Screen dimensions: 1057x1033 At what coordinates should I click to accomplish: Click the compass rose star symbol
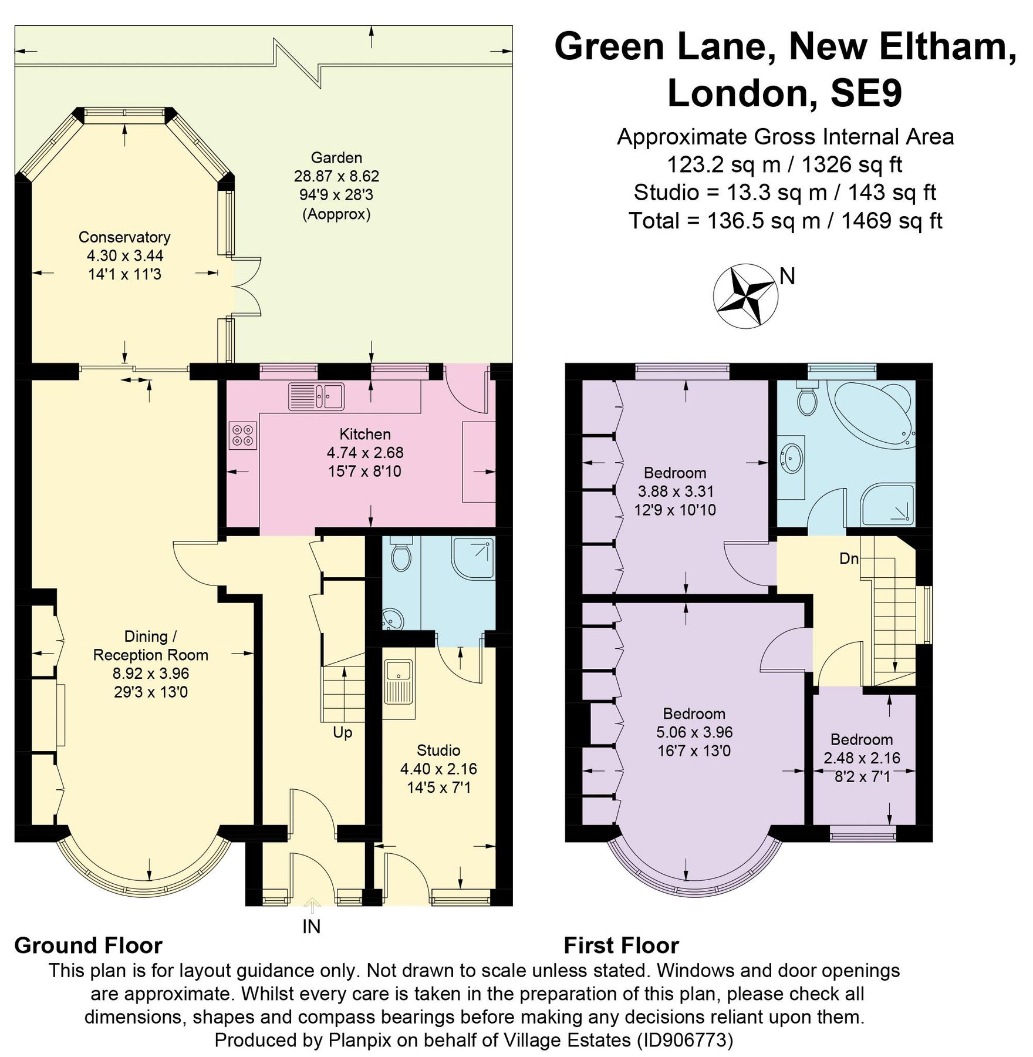coord(745,295)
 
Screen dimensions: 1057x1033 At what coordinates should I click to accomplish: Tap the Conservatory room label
coord(124,237)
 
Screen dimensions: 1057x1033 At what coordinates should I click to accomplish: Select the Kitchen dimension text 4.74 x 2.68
coord(365,453)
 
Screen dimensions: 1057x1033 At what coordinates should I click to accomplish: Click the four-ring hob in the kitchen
coord(243,435)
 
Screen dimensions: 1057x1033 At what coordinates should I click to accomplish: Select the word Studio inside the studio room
coord(438,750)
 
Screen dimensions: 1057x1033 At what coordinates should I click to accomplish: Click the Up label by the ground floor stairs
coord(342,733)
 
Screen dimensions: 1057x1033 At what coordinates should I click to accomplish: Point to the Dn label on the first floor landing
coord(849,558)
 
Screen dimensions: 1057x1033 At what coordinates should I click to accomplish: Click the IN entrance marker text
coord(311,927)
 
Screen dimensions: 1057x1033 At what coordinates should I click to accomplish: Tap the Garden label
coord(336,157)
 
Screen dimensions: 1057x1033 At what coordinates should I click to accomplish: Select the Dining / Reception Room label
coord(151,646)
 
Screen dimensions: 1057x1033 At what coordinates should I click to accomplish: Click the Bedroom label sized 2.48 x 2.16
coord(862,739)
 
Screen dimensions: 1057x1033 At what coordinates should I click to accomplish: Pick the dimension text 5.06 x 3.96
coord(694,732)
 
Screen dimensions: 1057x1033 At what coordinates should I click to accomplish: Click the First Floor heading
coord(621,946)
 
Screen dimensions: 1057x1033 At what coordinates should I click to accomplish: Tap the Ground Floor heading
coord(88,946)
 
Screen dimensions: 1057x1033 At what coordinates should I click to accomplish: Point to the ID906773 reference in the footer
coord(685,1041)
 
